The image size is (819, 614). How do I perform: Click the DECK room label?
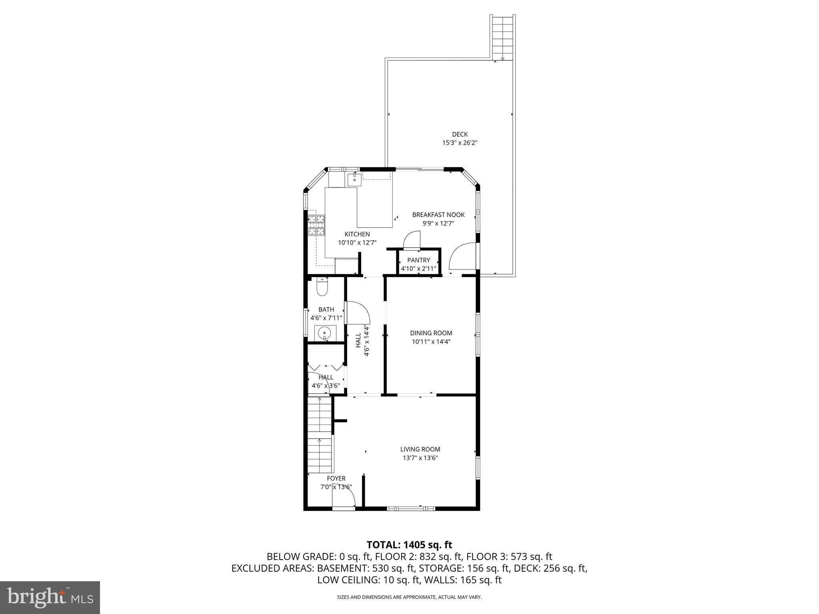pyautogui.click(x=459, y=134)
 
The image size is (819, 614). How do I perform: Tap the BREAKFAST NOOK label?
pyautogui.click(x=438, y=215)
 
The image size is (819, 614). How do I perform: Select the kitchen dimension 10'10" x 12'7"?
pyautogui.click(x=357, y=242)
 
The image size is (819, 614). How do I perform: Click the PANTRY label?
pyautogui.click(x=418, y=260)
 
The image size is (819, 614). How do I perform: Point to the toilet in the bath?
pyautogui.click(x=322, y=287)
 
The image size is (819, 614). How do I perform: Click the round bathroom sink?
pyautogui.click(x=324, y=333)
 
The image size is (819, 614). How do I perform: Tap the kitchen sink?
pyautogui.click(x=354, y=180)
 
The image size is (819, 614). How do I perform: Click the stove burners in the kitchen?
pyautogui.click(x=316, y=225)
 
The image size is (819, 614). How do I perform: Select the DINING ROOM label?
pyautogui.click(x=431, y=333)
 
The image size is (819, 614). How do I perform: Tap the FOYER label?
pyautogui.click(x=336, y=478)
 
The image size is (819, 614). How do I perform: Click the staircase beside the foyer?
pyautogui.click(x=320, y=436)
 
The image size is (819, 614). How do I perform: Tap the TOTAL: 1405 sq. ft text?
pyautogui.click(x=409, y=544)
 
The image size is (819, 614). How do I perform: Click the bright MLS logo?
pyautogui.click(x=50, y=598)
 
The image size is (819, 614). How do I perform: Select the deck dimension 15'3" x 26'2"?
pyautogui.click(x=459, y=143)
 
